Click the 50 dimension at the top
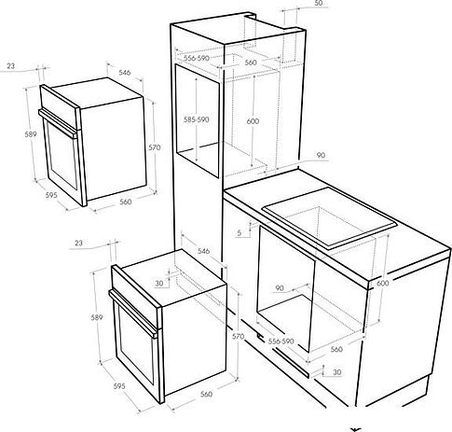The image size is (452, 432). click(319, 3)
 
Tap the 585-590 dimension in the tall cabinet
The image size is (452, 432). click(196, 119)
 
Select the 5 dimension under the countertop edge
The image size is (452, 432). click(240, 232)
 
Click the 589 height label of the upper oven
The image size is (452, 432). click(31, 134)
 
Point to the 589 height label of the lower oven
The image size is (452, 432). click(97, 317)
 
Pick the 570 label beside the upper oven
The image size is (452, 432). click(155, 147)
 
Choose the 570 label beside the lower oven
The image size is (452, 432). click(238, 336)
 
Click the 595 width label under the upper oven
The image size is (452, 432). click(51, 195)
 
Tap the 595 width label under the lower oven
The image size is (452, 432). click(119, 386)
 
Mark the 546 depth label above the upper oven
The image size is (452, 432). click(125, 73)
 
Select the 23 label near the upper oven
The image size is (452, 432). click(11, 66)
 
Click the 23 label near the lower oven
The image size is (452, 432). click(79, 243)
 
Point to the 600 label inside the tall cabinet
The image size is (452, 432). click(253, 121)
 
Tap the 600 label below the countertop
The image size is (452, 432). click(382, 284)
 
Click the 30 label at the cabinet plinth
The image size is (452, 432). click(336, 372)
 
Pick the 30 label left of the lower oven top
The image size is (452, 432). click(159, 284)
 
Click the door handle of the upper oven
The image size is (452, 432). click(58, 123)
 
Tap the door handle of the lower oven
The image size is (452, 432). click(133, 313)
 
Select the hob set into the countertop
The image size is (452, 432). click(329, 217)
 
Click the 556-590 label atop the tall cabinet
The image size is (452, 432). click(196, 58)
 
